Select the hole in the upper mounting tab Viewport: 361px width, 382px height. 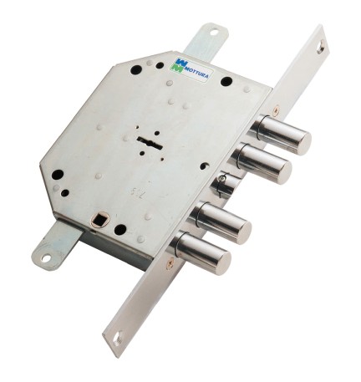tap(212, 33)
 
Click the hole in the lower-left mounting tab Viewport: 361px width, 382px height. tap(45, 258)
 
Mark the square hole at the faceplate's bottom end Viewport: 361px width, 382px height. tap(117, 338)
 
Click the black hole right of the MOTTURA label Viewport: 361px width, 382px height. tap(226, 81)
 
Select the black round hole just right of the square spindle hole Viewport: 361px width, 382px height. tap(120, 229)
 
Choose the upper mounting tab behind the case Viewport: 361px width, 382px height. tap(204, 39)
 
